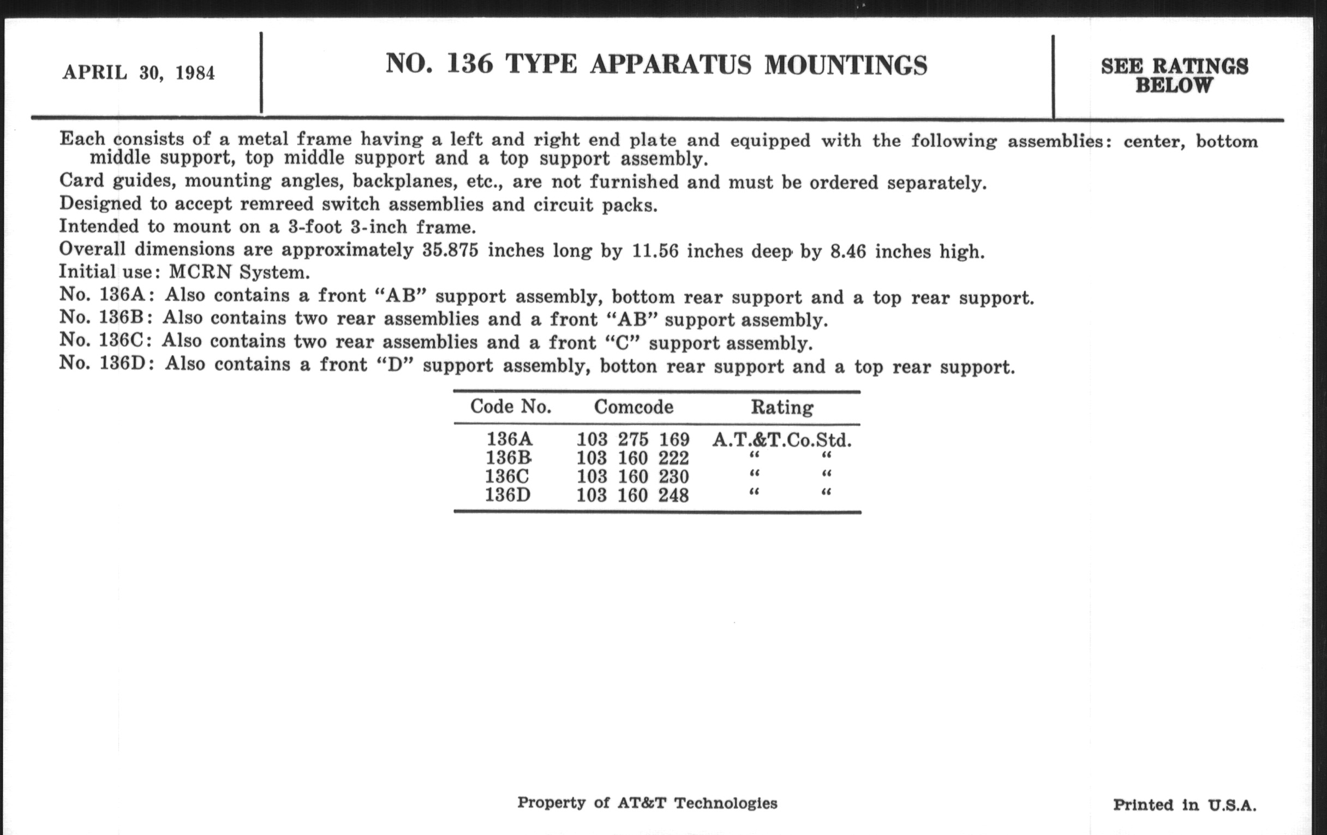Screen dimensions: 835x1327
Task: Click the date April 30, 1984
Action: click(139, 73)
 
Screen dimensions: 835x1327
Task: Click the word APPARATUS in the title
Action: click(670, 64)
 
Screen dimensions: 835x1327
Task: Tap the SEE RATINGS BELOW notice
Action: click(1174, 76)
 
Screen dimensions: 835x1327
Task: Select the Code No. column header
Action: click(510, 407)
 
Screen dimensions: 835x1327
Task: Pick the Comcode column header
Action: click(633, 407)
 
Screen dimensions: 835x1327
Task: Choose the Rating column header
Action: click(781, 407)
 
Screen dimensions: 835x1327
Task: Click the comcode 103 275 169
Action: click(632, 440)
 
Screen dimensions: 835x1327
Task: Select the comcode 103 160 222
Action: click(632, 458)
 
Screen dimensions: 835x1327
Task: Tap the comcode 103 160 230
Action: click(632, 476)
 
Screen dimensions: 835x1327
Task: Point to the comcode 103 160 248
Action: click(632, 495)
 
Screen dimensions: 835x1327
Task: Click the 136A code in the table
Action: click(509, 439)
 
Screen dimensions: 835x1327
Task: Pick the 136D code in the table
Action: click(507, 495)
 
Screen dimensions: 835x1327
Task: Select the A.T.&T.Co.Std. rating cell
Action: click(781, 440)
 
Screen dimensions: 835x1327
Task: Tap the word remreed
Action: click(276, 205)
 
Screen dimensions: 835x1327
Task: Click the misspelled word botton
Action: click(628, 366)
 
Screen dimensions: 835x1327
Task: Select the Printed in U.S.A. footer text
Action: click(1184, 805)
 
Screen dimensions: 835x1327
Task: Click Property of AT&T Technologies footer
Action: click(647, 803)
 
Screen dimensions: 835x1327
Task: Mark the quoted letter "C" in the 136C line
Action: click(622, 342)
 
